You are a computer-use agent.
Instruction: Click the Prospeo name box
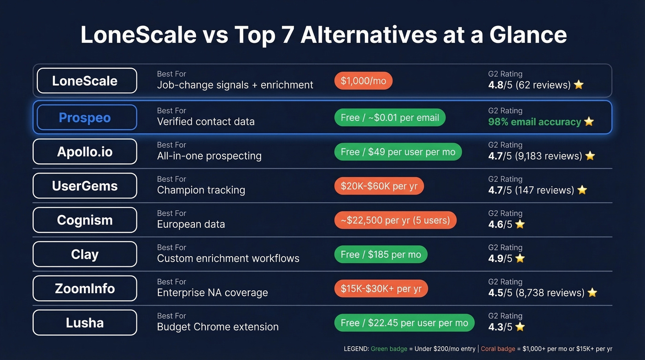(x=85, y=118)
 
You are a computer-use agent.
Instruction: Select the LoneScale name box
(x=85, y=81)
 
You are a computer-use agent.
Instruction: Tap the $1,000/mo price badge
(x=363, y=81)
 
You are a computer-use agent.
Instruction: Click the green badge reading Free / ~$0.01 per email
(x=390, y=118)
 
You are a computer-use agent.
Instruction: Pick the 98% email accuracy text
(x=534, y=122)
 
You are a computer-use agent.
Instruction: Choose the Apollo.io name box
(x=85, y=152)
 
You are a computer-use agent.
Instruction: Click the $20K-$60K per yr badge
(x=379, y=186)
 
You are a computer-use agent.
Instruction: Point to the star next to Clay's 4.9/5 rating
(x=520, y=259)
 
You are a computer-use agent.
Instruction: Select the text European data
(x=191, y=224)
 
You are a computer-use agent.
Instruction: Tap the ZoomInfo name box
(x=85, y=289)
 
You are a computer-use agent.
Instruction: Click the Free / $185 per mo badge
(x=381, y=254)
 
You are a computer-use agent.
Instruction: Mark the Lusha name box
(x=85, y=323)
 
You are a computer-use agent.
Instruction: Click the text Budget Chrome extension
(x=217, y=327)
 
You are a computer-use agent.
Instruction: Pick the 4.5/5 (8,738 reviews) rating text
(x=536, y=293)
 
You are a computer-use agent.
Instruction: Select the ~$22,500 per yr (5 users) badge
(x=395, y=220)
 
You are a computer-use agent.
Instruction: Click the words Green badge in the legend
(x=389, y=349)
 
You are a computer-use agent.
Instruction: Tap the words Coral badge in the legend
(x=498, y=349)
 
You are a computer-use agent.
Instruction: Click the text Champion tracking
(x=201, y=190)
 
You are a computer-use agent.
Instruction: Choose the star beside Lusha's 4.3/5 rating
(x=520, y=327)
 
